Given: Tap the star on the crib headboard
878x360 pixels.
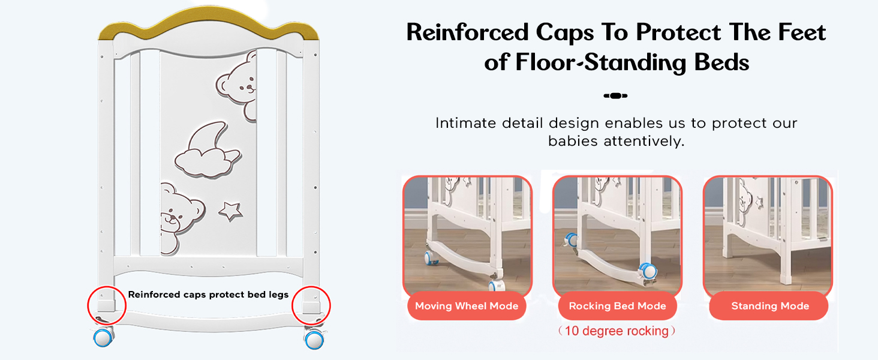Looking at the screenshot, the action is pyautogui.click(x=230, y=211).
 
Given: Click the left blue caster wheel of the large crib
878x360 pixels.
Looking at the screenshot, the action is pyautogui.click(x=103, y=338).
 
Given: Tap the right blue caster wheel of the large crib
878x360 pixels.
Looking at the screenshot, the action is pyautogui.click(x=314, y=340).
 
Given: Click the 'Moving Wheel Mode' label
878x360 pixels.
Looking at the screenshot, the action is pyautogui.click(x=467, y=306).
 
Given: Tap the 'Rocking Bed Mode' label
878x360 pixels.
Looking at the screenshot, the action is pyautogui.click(x=617, y=306).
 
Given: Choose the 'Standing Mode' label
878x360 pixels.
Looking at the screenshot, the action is pyautogui.click(x=770, y=306).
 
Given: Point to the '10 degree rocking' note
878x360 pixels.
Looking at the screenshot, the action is pyautogui.click(x=617, y=331).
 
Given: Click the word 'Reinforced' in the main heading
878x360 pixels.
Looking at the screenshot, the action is pyautogui.click(x=467, y=32).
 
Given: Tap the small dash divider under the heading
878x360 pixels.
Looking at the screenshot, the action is pyautogui.click(x=615, y=95).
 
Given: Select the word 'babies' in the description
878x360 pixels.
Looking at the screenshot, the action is pyautogui.click(x=573, y=141).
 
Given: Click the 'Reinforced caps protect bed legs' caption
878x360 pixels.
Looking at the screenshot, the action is pyautogui.click(x=208, y=295).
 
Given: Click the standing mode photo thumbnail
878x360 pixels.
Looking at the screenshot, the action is pyautogui.click(x=768, y=235).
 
